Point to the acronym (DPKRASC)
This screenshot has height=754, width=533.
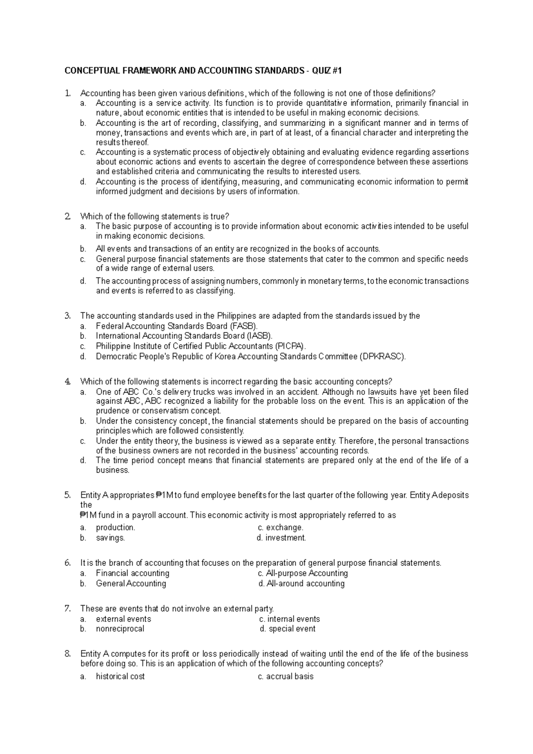[x=382, y=356]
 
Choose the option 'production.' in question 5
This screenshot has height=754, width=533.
[x=115, y=527]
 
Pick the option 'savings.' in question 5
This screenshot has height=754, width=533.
[x=110, y=537]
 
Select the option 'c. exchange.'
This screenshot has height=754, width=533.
[x=281, y=527]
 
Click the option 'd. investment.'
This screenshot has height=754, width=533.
[x=282, y=537]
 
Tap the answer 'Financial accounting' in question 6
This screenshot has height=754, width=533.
[x=132, y=573]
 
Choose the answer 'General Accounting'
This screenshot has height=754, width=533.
[x=131, y=583]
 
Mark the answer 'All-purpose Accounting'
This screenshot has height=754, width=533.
[x=303, y=573]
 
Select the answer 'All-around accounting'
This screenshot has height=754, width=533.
[x=302, y=583]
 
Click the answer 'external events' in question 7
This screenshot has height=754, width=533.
[x=123, y=619]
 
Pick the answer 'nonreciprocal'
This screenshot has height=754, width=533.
[x=120, y=629]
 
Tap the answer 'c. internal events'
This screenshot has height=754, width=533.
[x=289, y=619]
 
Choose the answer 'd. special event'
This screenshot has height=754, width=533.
[x=287, y=629]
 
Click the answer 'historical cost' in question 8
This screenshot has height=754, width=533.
[x=120, y=676]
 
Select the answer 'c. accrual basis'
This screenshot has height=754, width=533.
[x=286, y=676]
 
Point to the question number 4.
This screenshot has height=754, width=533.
[x=67, y=381]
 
